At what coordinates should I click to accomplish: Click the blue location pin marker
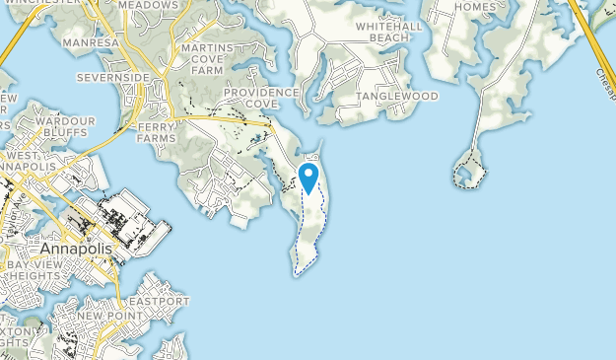308,178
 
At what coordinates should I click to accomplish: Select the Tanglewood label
396,96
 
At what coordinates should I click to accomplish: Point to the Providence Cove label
259,98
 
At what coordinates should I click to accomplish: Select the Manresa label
91,44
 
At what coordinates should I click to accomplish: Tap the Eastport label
158,301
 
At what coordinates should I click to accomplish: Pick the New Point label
105,316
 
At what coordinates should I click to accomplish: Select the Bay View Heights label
36,273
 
